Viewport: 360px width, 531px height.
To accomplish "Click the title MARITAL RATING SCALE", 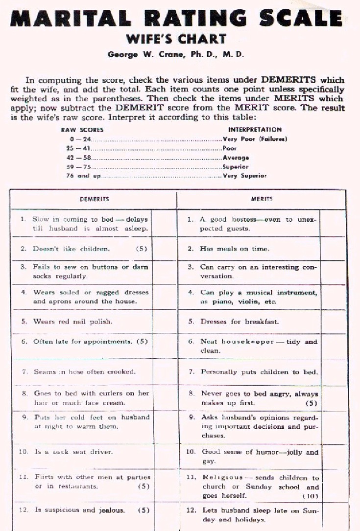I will click(x=176, y=18).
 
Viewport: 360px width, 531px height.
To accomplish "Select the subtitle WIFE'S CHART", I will click(x=176, y=39).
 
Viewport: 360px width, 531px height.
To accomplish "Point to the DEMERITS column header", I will click(x=94, y=199).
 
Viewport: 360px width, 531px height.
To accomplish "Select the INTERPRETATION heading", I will click(x=255, y=130).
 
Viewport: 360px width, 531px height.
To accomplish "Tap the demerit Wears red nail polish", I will click(x=73, y=322).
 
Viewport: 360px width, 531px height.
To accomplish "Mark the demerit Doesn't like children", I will click(x=72, y=249).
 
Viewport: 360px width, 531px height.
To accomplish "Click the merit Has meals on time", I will click(x=235, y=249).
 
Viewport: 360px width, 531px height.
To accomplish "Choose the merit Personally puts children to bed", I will click(x=259, y=372).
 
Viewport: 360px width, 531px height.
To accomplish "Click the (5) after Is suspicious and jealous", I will click(x=143, y=510).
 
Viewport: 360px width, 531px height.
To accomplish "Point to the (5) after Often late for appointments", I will click(x=142, y=342).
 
